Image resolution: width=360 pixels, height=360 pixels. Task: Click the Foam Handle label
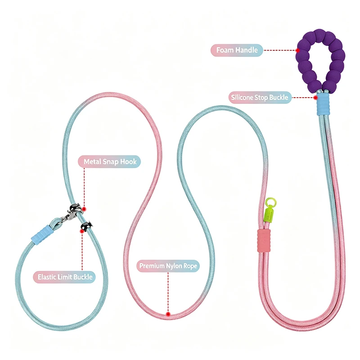(x=237, y=50)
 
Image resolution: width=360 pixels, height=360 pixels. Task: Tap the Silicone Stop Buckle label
(x=260, y=98)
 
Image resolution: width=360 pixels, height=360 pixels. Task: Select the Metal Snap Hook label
(x=109, y=162)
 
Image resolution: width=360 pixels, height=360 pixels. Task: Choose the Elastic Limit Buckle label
(x=64, y=277)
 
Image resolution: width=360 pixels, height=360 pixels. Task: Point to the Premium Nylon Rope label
(x=168, y=266)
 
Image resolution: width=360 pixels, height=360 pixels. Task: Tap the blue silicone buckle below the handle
(x=323, y=104)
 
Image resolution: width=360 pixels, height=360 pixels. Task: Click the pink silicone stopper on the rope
(x=264, y=240)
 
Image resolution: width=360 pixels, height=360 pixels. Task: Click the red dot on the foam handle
(x=298, y=50)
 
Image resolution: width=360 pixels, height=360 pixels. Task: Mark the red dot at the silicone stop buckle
(x=316, y=98)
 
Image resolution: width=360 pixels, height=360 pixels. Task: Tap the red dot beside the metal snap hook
(x=84, y=209)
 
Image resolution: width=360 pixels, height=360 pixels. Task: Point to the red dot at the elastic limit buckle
(x=82, y=231)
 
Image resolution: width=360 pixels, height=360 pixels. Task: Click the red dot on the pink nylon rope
(x=168, y=314)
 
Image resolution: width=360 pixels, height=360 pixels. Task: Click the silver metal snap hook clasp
(x=72, y=213)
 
